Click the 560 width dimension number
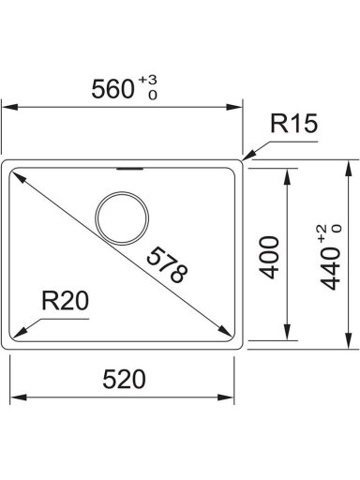(x=112, y=89)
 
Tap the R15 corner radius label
(x=293, y=123)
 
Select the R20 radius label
(x=66, y=301)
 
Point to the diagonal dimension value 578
(x=167, y=265)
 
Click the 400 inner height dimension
(x=269, y=257)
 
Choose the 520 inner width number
(x=124, y=380)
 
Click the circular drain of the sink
(x=122, y=217)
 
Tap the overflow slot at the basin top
(x=130, y=169)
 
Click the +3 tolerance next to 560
(x=148, y=80)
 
